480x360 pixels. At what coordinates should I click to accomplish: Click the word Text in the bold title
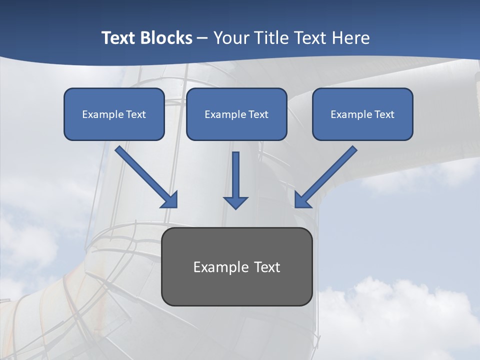[118, 38]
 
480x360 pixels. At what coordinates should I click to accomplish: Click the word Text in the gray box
[267, 267]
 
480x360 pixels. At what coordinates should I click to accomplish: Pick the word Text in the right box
[384, 114]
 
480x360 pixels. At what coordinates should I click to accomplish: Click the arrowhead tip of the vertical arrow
[235, 207]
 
